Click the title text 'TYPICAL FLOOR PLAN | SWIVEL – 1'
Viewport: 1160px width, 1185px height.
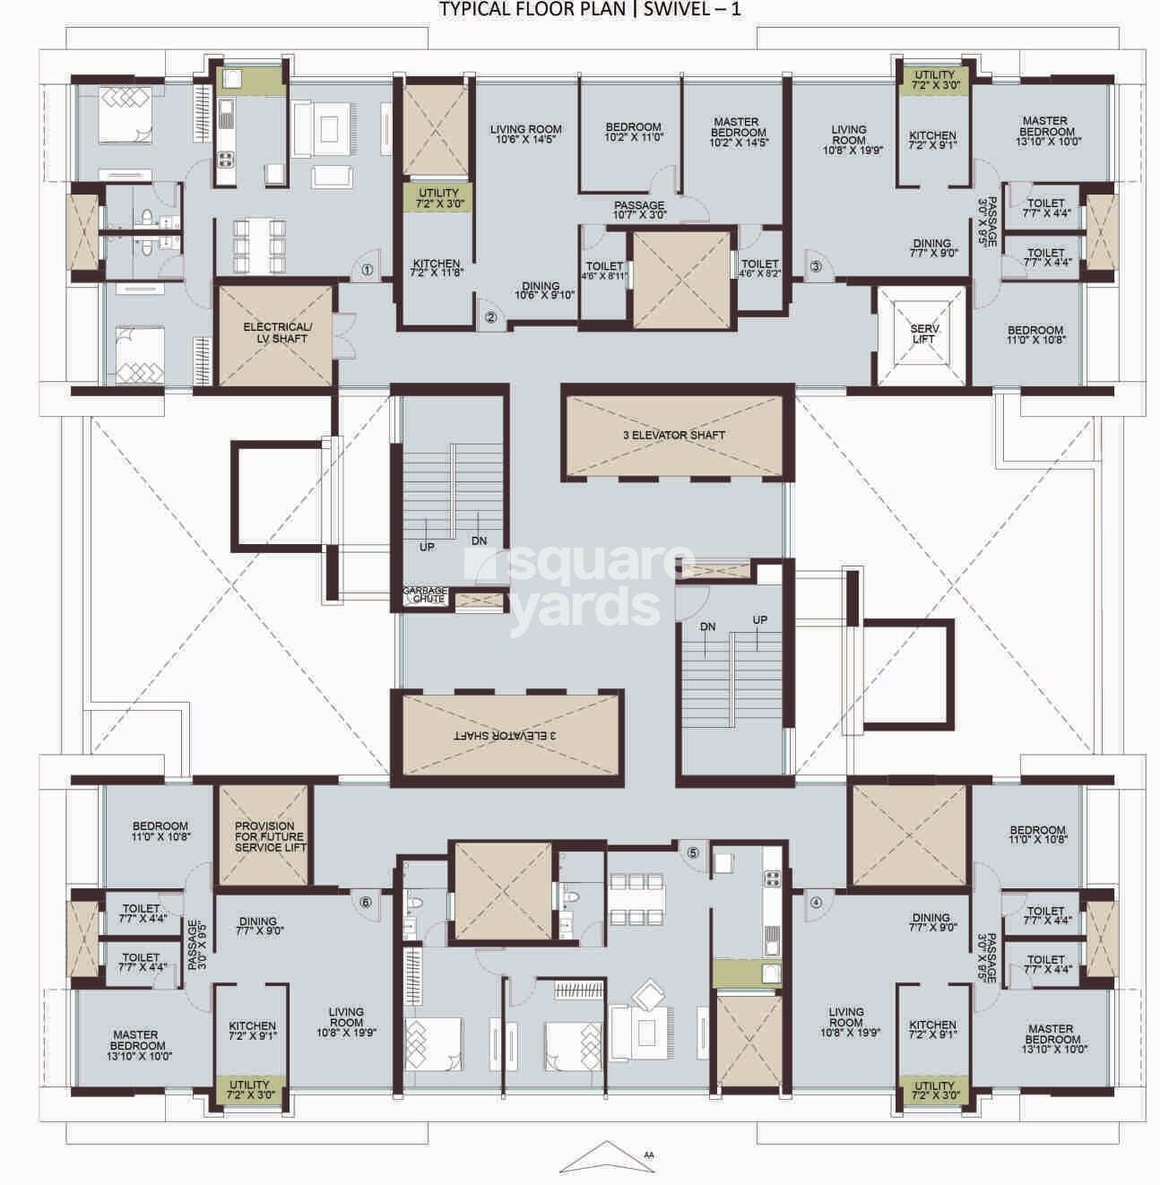589,10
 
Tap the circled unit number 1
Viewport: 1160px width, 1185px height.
367,268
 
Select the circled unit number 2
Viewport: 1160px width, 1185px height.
490,316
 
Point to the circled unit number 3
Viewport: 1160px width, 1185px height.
815,265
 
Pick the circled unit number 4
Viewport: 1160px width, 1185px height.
815,903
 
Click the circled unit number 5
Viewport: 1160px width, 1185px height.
693,852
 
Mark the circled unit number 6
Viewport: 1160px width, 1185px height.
365,903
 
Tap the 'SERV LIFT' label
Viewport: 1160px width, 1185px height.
923,333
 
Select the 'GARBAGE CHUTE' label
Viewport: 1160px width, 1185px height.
424,594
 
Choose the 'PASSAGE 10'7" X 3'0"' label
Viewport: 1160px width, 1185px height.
639,211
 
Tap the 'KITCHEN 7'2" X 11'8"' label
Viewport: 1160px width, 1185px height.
436,269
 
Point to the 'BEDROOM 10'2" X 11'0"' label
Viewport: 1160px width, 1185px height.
633,132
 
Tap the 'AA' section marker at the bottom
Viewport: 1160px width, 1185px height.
648,1155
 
